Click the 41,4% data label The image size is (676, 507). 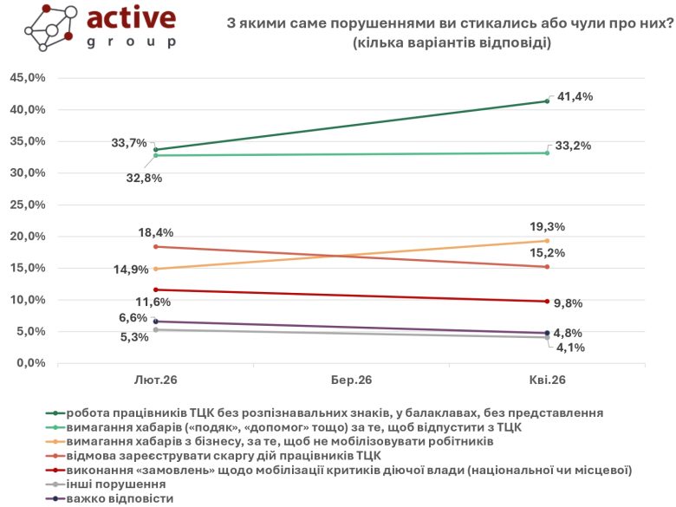pyautogui.click(x=575, y=96)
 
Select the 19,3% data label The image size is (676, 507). pyautogui.click(x=548, y=227)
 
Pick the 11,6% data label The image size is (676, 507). pyautogui.click(x=153, y=302)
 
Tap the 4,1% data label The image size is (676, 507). pyautogui.click(x=570, y=348)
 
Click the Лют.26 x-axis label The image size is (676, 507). pyautogui.click(x=156, y=381)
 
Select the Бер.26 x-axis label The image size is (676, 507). pyautogui.click(x=351, y=381)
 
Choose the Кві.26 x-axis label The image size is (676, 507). pyautogui.click(x=547, y=381)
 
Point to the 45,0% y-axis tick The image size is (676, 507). pyautogui.click(x=27, y=78)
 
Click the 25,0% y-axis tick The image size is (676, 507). pyautogui.click(x=27, y=205)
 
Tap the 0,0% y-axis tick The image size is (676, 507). pyautogui.click(x=30, y=363)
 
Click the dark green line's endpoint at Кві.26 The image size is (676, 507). pyautogui.click(x=547, y=101)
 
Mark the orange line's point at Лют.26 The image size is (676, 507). pyautogui.click(x=155, y=269)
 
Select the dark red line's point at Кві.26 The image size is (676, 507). pyautogui.click(x=547, y=302)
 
